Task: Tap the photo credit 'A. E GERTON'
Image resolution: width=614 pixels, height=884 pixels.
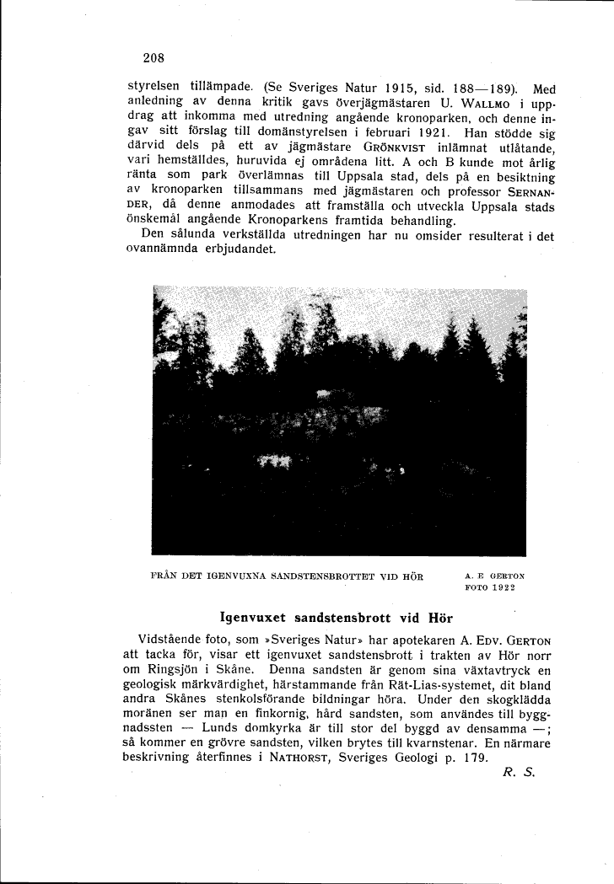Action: [494, 576]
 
